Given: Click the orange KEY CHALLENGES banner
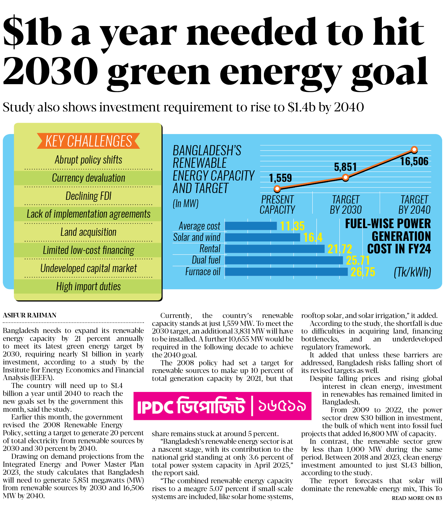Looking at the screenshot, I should click(88, 141).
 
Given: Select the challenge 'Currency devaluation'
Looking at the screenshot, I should click(88, 178).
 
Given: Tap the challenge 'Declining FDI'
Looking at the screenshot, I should click(88, 196).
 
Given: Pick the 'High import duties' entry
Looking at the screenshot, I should click(88, 287).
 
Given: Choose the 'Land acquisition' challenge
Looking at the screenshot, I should click(88, 232).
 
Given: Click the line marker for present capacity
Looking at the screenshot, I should click(277, 188).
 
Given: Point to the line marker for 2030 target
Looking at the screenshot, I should click(346, 178).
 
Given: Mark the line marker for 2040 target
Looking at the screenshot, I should click(414, 149).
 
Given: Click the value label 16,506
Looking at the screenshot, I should click(414, 162).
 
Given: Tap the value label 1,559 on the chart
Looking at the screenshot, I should click(280, 178).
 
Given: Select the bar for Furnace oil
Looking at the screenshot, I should click(286, 272).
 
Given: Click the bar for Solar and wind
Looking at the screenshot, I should click(262, 237).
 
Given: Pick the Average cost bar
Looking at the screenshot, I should click(251, 226).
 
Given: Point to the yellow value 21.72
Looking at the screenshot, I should click(340, 249).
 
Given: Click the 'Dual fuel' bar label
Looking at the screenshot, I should click(206, 260).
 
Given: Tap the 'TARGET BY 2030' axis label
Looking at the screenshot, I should click(346, 205).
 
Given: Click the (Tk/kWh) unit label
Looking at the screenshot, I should click(412, 272).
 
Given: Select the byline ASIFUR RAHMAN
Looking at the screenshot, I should click(30, 315).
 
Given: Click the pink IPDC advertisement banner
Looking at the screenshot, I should click(222, 406).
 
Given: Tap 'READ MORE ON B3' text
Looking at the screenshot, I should click(417, 498).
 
